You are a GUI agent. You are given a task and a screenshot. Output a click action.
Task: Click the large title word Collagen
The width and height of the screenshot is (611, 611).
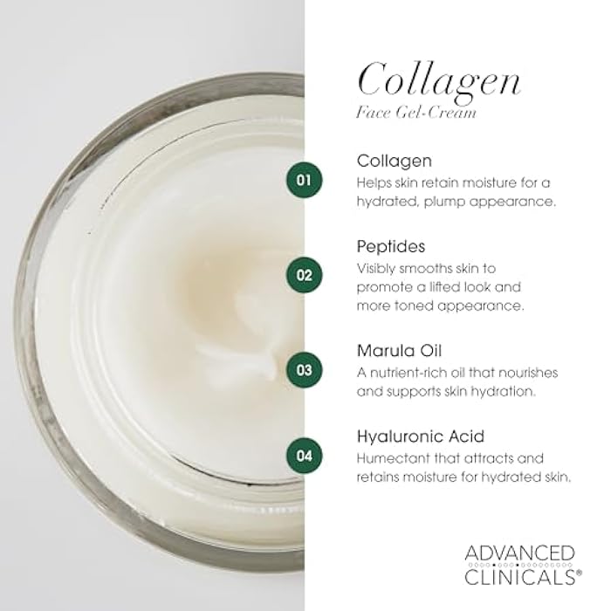(x=439, y=79)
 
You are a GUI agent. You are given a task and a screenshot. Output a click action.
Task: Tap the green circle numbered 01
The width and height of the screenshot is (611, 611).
(x=303, y=181)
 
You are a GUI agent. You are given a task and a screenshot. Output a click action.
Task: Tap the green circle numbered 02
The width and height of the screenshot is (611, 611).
(x=303, y=274)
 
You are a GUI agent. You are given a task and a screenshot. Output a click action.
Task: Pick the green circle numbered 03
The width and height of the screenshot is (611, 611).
(x=303, y=368)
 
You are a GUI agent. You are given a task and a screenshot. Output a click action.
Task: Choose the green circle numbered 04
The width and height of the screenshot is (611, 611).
(x=303, y=454)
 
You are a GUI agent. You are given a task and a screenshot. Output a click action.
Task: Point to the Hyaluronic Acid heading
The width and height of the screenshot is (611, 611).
(x=421, y=436)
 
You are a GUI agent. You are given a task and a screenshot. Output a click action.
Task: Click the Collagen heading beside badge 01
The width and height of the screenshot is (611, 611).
(x=395, y=161)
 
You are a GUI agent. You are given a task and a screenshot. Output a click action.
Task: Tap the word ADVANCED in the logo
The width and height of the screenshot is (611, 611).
(x=518, y=553)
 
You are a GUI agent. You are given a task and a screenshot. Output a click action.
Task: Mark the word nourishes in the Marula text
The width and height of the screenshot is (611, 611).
(x=529, y=372)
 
